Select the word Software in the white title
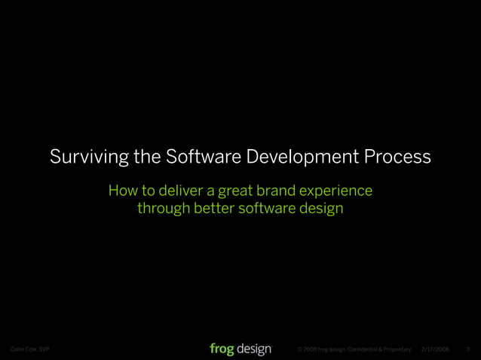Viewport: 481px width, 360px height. tap(198, 158)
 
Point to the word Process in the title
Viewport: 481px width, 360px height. tap(398, 158)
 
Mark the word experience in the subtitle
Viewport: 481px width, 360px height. tap(338, 191)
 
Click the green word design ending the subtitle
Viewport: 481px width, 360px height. tap(321, 209)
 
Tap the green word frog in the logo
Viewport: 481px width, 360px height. tap(222, 349)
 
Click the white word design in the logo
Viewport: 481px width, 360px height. tap(254, 349)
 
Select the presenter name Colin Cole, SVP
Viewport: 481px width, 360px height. tap(29, 349)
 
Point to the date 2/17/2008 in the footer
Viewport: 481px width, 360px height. tap(435, 349)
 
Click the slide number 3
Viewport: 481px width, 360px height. tap(469, 349)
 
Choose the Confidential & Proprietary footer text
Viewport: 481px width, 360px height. tap(377, 349)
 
